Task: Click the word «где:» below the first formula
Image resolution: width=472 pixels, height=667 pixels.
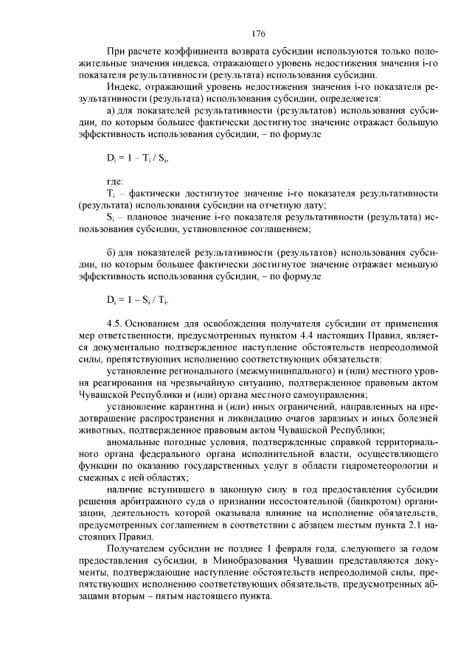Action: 115,181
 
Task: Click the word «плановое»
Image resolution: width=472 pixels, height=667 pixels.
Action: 147,217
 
